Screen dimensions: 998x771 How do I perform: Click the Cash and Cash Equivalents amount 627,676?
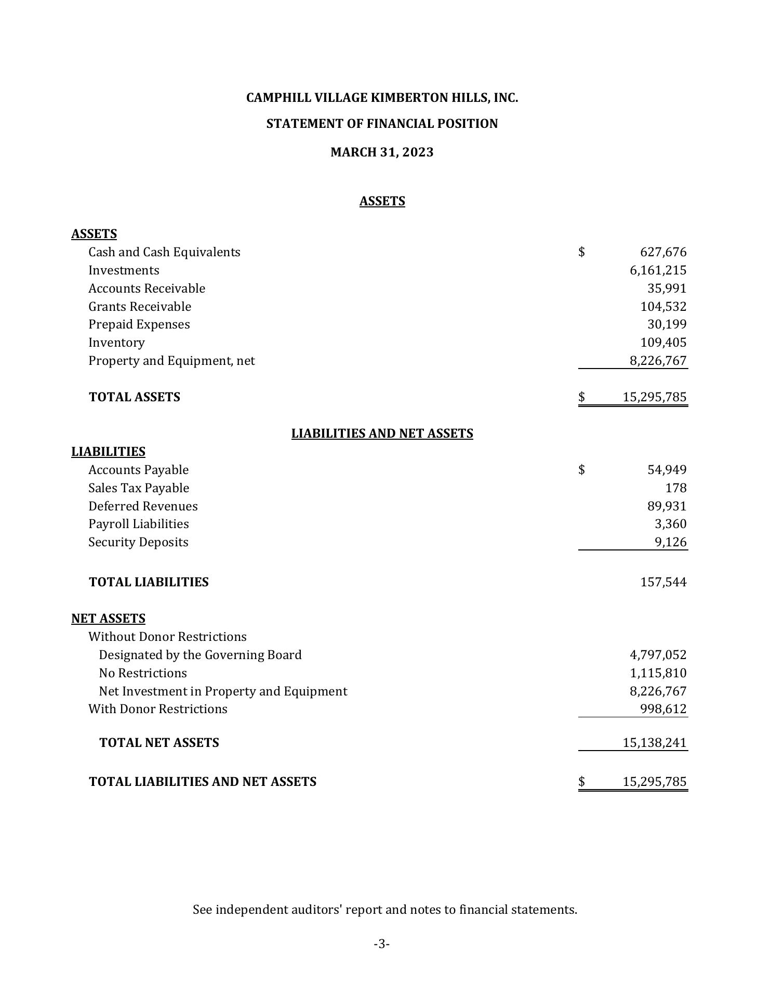pyautogui.click(x=663, y=252)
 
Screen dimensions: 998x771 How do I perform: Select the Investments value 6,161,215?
pyautogui.click(x=658, y=270)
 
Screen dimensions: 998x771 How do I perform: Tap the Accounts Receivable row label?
pyautogui.click(x=147, y=288)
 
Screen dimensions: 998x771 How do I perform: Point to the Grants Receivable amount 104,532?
pyautogui.click(x=663, y=307)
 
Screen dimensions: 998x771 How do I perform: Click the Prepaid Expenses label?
pyautogui.click(x=139, y=324)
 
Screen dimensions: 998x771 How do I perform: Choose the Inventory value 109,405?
pyautogui.click(x=663, y=343)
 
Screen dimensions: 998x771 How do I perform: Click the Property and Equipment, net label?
pyautogui.click(x=171, y=361)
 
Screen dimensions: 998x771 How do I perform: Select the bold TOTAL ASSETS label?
pyautogui.click(x=135, y=397)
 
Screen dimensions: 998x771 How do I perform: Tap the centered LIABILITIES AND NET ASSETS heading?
pyautogui.click(x=382, y=434)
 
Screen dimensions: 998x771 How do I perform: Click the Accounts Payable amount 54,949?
pyautogui.click(x=667, y=470)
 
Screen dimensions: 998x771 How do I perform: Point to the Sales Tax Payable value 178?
pyautogui.click(x=675, y=488)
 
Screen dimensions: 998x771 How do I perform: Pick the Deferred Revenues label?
pyautogui.click(x=143, y=506)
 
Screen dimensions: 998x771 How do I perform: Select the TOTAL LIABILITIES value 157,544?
pyautogui.click(x=663, y=582)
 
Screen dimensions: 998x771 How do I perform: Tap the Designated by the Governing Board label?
pyautogui.click(x=200, y=655)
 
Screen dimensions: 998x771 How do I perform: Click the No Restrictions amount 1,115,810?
pyautogui.click(x=658, y=673)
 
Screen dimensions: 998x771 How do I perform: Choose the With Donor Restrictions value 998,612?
pyautogui.click(x=663, y=709)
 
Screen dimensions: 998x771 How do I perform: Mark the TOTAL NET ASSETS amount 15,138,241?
pyautogui.click(x=655, y=743)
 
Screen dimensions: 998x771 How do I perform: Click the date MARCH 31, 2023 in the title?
pyautogui.click(x=382, y=152)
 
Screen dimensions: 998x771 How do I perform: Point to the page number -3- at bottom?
pyautogui.click(x=382, y=944)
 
